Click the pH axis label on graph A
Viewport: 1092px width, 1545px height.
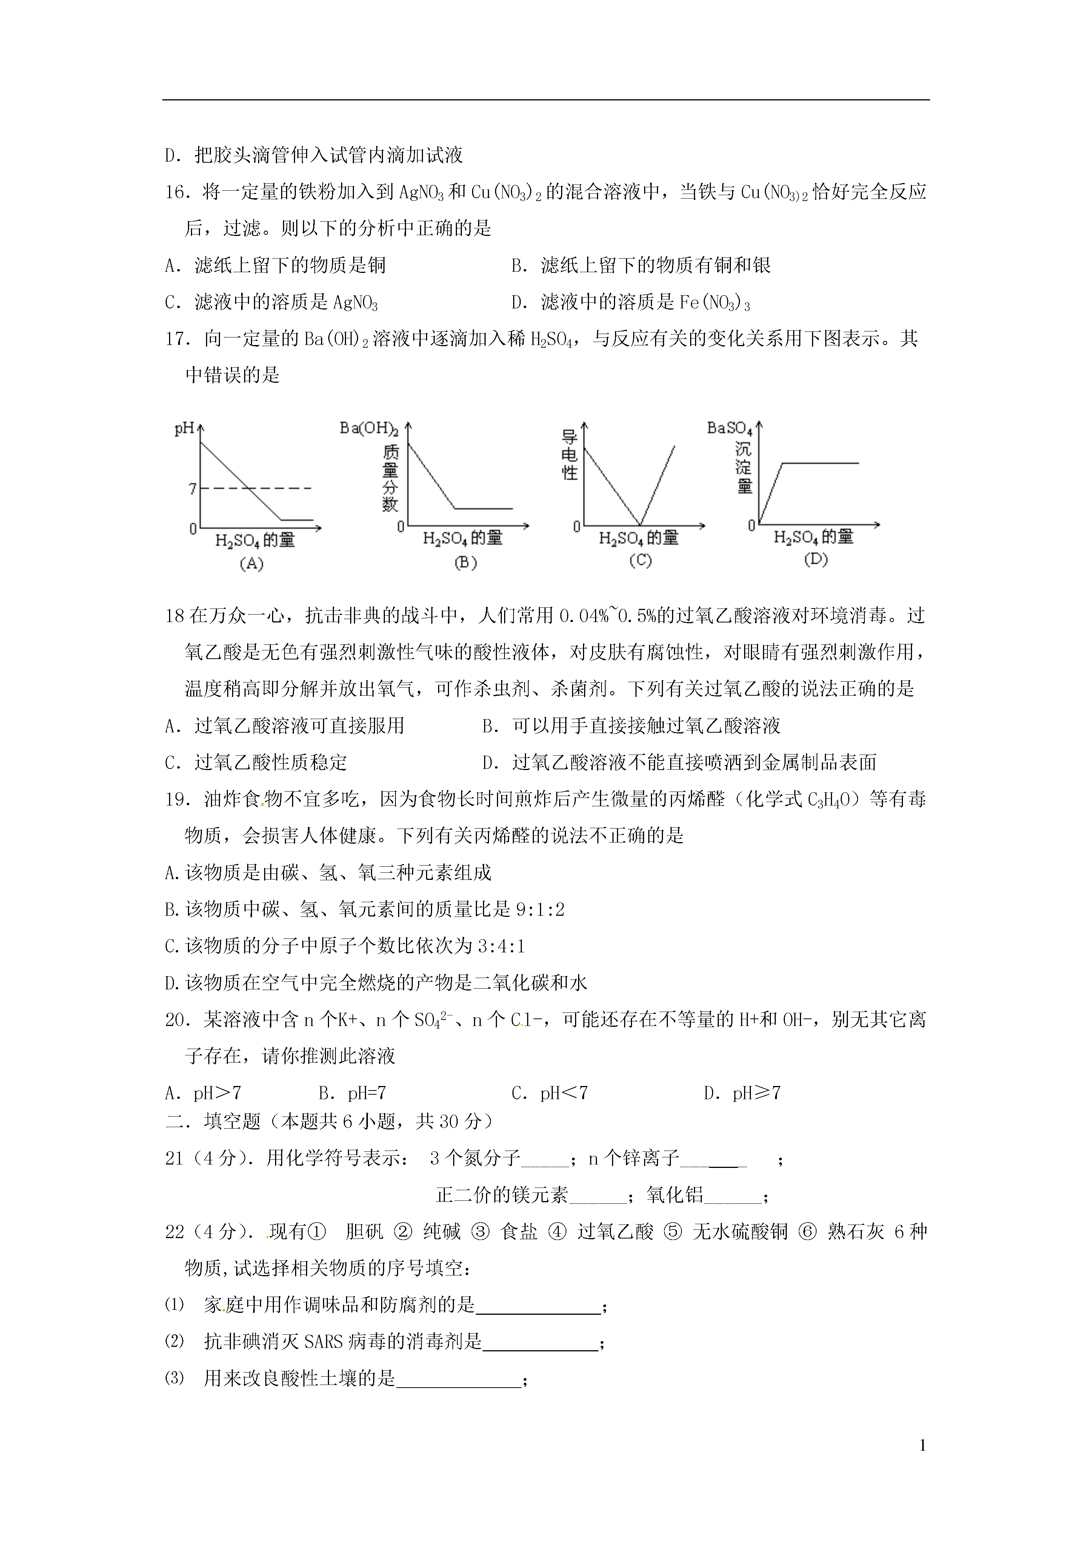click(x=185, y=428)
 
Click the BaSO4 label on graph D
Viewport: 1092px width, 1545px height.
click(x=729, y=428)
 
